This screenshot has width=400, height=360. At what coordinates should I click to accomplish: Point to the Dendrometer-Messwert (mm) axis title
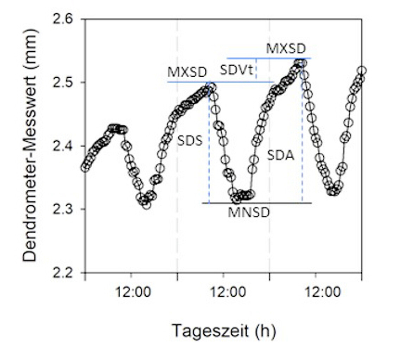pyautogui.click(x=30, y=145)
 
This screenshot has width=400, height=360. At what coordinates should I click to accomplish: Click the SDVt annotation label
pyautogui.click(x=236, y=69)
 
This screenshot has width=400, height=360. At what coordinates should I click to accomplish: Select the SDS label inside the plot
pyautogui.click(x=190, y=141)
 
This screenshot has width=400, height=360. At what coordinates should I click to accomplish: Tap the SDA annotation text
pyautogui.click(x=280, y=155)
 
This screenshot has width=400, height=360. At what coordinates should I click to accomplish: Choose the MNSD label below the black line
pyautogui.click(x=248, y=213)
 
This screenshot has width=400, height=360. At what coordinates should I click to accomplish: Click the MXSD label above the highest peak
pyautogui.click(x=286, y=49)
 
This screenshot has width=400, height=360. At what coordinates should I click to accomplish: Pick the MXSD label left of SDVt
pyautogui.click(x=187, y=72)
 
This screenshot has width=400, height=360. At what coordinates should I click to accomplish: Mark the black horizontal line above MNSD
pyautogui.click(x=257, y=203)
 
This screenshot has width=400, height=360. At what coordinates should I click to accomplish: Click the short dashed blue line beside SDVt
pyautogui.click(x=256, y=69)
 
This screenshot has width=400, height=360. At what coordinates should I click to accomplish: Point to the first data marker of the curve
pyautogui.click(x=85, y=168)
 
